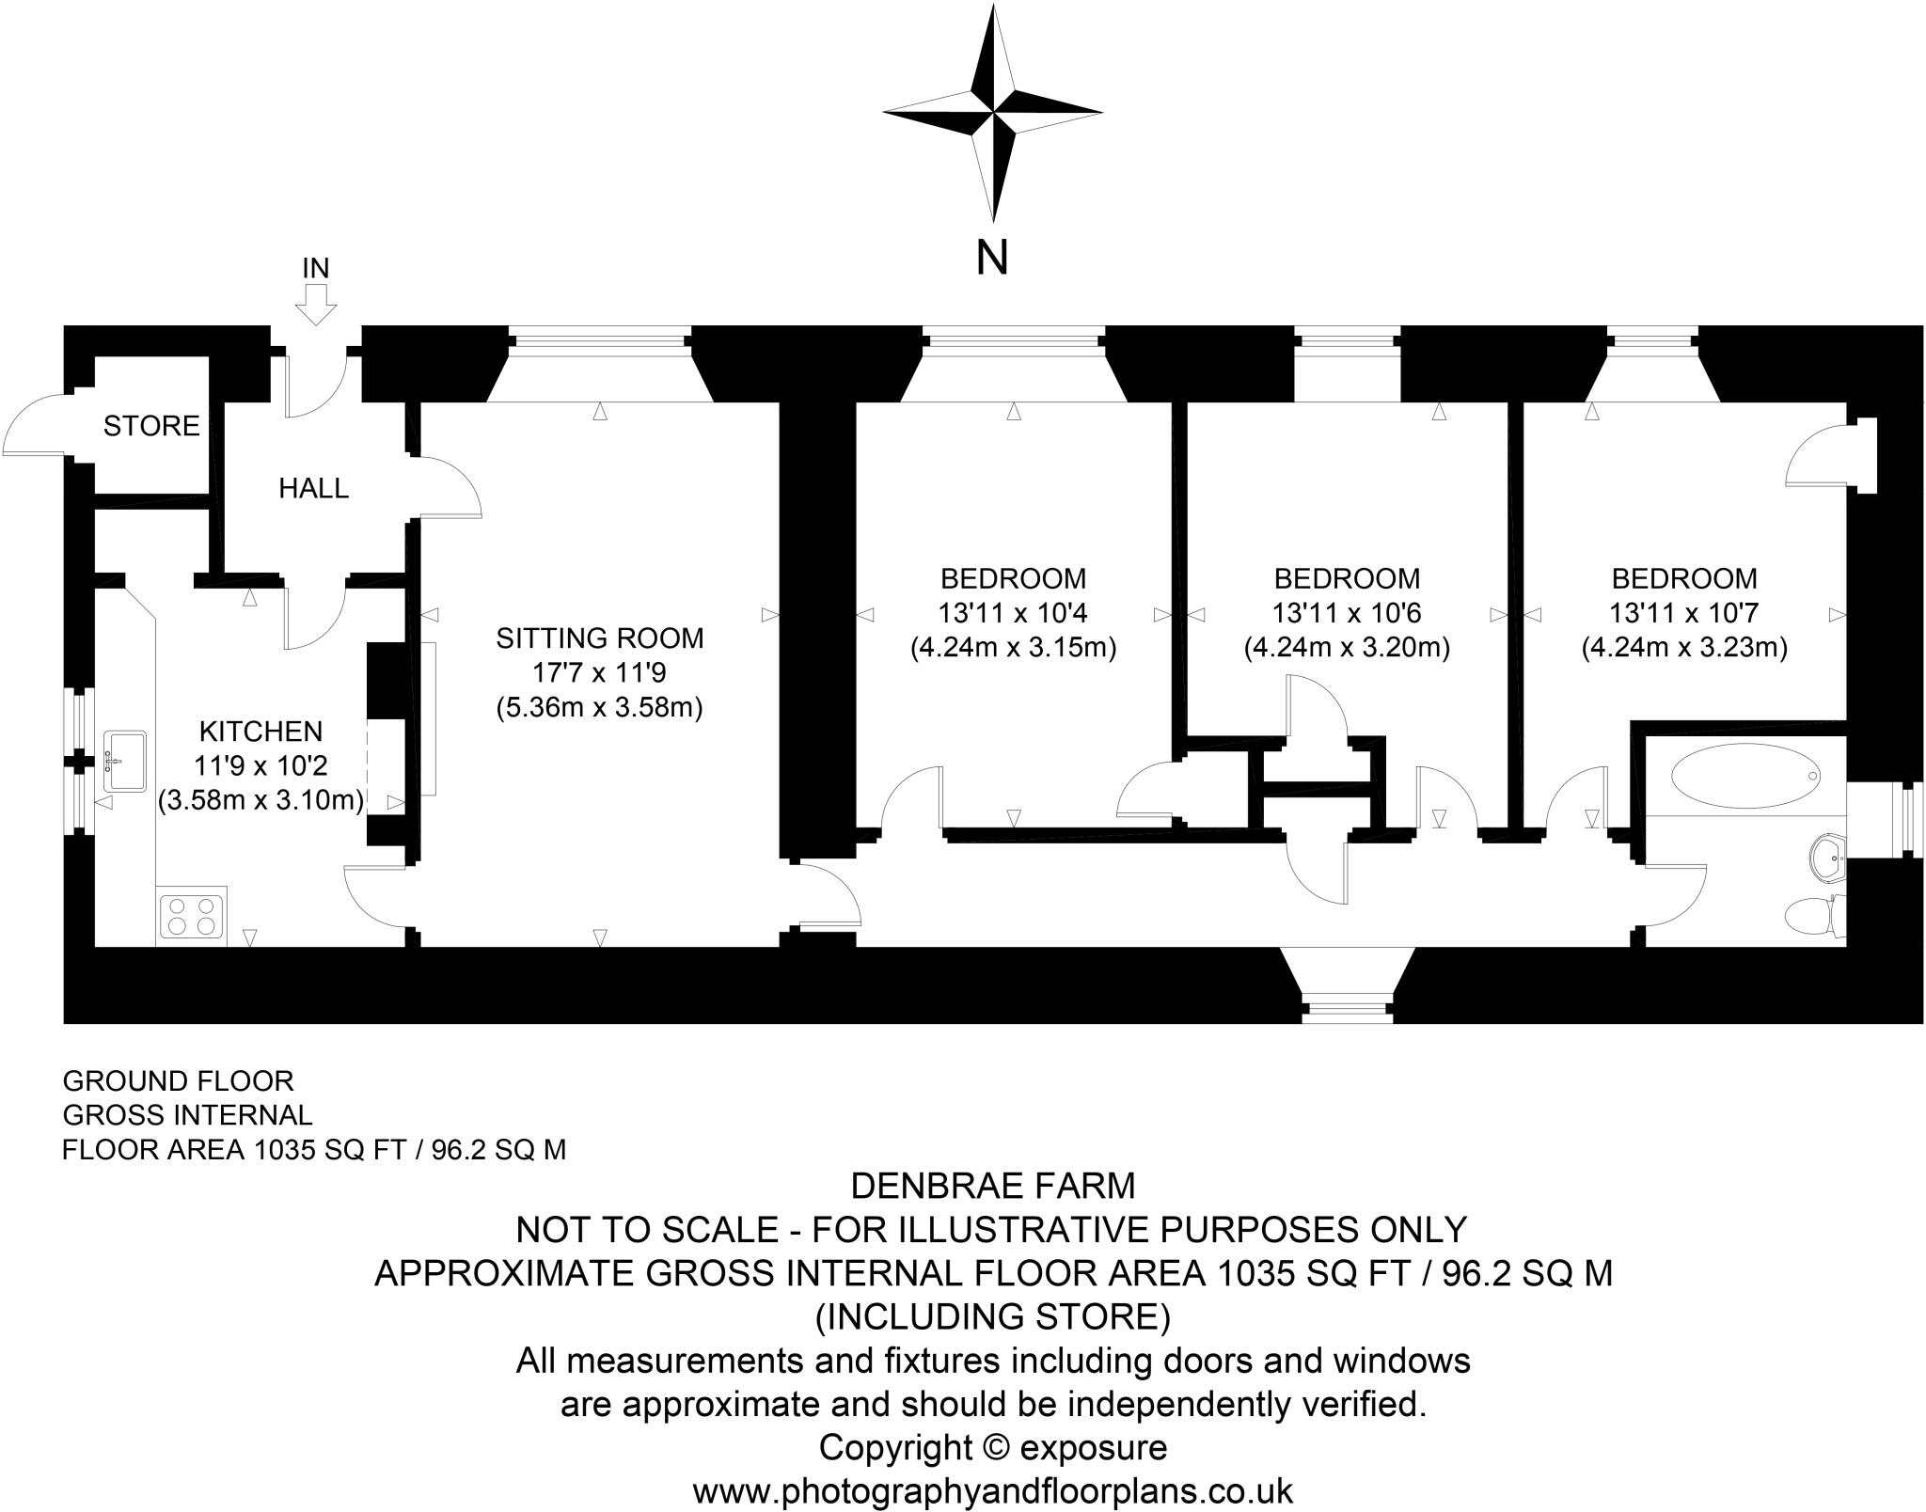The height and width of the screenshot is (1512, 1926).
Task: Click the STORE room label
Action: (151, 426)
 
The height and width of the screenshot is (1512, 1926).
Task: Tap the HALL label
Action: (314, 488)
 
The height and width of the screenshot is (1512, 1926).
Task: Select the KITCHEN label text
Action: (260, 731)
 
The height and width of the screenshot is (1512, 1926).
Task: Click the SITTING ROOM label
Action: (600, 638)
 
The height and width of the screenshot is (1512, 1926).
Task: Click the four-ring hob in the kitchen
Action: (192, 915)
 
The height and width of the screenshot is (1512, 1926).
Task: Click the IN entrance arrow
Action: (316, 304)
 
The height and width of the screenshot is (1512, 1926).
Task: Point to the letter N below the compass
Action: (992, 258)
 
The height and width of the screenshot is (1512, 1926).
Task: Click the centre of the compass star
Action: (993, 113)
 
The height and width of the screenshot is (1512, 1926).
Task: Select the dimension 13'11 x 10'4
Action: (1013, 613)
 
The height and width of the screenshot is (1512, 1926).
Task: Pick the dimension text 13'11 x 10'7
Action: (1683, 613)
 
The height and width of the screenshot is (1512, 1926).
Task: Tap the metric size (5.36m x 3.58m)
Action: (600, 707)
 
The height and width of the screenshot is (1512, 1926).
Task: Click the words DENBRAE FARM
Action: (993, 1187)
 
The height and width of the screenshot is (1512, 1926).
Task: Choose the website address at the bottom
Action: (993, 1491)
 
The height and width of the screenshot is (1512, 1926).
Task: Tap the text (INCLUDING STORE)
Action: (993, 1316)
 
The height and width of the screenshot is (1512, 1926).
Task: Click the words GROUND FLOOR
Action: (178, 1080)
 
